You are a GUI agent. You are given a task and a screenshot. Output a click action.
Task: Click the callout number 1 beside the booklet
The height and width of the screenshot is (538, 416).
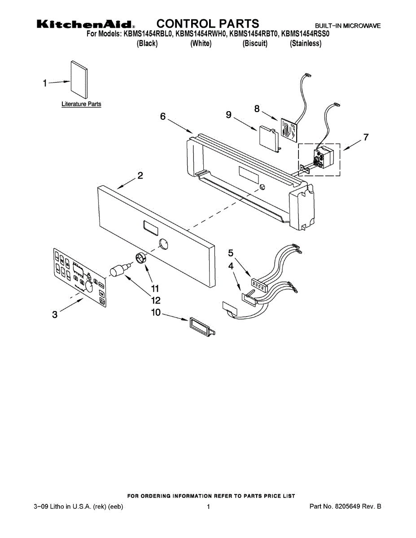tap(45, 83)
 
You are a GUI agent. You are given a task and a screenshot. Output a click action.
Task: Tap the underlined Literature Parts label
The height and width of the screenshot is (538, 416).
tap(81, 104)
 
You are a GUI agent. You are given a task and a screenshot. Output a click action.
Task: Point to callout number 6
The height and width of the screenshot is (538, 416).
tap(163, 117)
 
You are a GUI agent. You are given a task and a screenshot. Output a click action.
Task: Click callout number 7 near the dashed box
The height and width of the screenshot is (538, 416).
tap(366, 138)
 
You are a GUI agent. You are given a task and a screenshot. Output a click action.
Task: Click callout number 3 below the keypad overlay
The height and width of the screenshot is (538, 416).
tap(55, 315)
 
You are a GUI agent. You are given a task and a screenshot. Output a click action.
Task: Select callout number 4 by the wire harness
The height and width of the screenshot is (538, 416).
tap(231, 266)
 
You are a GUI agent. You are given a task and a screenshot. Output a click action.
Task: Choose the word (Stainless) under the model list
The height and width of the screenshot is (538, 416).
tap(306, 43)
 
